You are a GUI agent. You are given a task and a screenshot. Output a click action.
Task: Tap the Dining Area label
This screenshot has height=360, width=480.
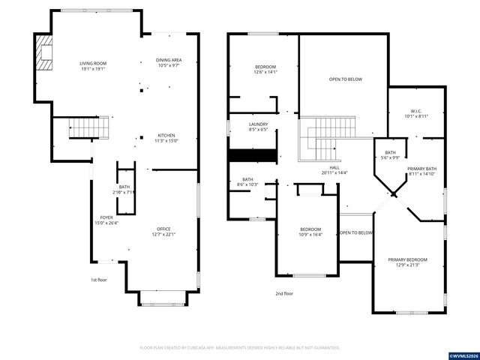169,62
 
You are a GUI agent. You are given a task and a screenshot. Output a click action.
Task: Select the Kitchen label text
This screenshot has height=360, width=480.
166,138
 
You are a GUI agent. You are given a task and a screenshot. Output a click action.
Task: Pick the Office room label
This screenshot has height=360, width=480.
163,232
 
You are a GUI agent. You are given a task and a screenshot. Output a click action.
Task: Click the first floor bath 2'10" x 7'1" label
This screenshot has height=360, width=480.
124,189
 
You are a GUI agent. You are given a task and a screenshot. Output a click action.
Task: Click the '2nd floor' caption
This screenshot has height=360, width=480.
283,294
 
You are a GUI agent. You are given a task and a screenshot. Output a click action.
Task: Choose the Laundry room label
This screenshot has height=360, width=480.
258,127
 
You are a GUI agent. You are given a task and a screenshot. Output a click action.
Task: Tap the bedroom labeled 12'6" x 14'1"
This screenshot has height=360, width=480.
265,70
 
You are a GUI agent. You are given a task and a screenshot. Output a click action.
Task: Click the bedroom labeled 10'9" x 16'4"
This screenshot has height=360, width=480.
310,232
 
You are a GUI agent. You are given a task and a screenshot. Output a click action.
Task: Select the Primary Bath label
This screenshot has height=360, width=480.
421,172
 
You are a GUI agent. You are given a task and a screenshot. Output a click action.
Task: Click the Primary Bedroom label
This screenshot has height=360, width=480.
408,262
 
